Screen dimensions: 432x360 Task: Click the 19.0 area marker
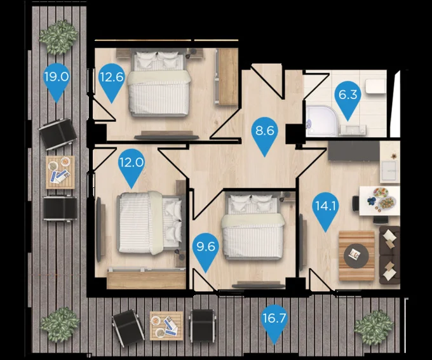56,80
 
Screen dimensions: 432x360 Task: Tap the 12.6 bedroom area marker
112,80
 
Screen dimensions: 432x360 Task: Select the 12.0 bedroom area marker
131,165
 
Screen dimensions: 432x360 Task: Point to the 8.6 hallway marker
264,133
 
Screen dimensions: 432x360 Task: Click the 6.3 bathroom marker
348,98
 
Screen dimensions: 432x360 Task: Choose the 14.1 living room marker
326,209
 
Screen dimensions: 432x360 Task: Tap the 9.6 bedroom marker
206,250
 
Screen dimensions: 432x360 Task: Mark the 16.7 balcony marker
274,321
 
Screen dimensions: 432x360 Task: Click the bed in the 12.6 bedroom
159,83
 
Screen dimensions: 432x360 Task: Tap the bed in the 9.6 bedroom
253,226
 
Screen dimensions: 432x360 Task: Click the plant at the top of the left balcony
58,37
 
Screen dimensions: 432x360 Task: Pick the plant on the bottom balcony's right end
374,326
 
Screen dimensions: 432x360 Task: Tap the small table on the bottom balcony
166,326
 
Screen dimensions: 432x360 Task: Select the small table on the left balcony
60,173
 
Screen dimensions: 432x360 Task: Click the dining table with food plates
380,201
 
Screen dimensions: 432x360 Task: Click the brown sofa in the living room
389,255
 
